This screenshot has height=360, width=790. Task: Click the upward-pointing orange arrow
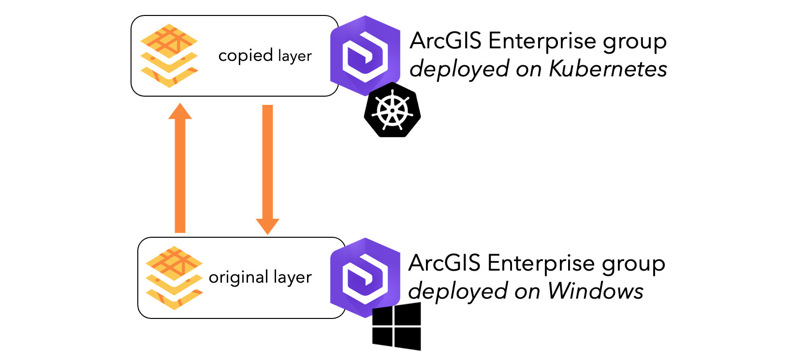pyautogui.click(x=180, y=169)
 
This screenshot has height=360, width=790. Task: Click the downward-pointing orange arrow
pyautogui.click(x=267, y=169)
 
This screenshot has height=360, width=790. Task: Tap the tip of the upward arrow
pyautogui.click(x=180, y=104)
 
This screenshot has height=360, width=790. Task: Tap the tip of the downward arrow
pyautogui.click(x=267, y=233)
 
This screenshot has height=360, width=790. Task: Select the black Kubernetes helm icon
pyautogui.click(x=392, y=110)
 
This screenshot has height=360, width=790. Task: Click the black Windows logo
pyautogui.click(x=396, y=327)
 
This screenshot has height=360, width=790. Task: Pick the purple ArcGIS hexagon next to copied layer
pyautogui.click(x=365, y=55)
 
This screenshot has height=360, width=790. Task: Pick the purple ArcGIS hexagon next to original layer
pyautogui.click(x=365, y=277)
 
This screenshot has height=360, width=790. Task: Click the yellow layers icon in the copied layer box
pyautogui.click(x=169, y=56)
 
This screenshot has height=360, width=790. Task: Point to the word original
pyautogui.click(x=238, y=278)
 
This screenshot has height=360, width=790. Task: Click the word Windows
pyautogui.click(x=595, y=291)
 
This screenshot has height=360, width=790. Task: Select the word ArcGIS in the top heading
pyautogui.click(x=445, y=41)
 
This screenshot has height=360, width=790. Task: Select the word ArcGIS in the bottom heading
pyautogui.click(x=444, y=263)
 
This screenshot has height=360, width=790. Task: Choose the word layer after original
pyautogui.click(x=292, y=278)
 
